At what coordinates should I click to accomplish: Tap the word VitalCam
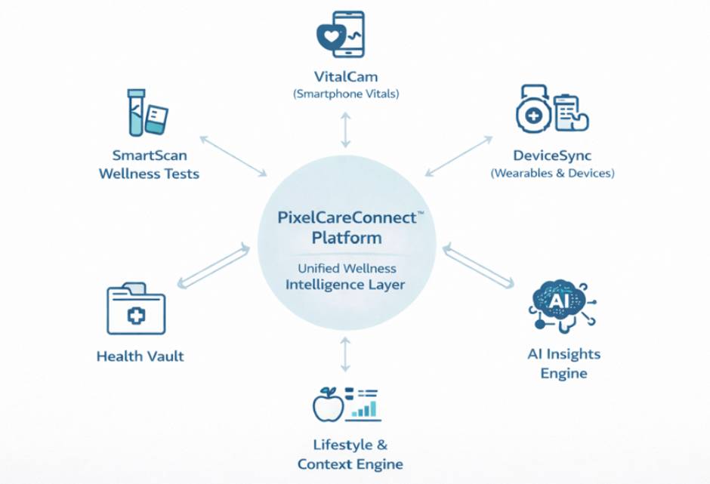(346, 77)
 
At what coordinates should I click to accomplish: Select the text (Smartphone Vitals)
(346, 94)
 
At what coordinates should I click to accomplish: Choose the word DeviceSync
(552, 156)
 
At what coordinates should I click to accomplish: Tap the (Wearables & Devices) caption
(552, 173)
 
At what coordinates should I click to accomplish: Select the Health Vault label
(140, 356)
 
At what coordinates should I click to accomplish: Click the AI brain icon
(560, 304)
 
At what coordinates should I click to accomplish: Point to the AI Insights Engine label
(564, 363)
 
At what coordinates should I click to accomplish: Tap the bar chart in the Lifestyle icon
(365, 408)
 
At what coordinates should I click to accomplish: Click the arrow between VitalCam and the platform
(346, 130)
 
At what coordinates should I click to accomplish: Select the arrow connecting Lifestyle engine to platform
(345, 353)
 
